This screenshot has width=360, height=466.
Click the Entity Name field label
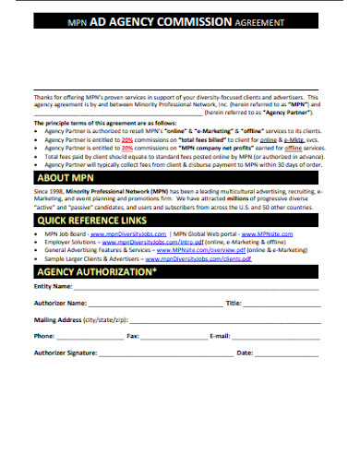(54, 287)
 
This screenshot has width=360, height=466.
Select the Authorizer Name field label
(60, 303)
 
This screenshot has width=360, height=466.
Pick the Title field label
(233, 303)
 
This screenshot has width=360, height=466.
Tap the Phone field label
(45, 336)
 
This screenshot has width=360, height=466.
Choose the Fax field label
(133, 336)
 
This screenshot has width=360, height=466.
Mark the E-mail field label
(220, 336)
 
